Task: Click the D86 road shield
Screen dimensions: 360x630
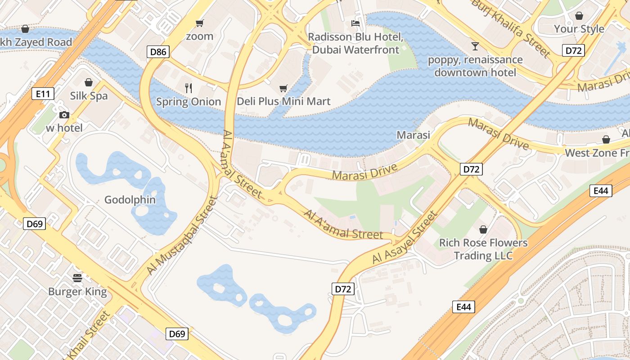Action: (158, 52)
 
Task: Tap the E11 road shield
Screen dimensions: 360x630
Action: (43, 94)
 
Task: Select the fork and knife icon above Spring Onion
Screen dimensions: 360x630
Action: (189, 88)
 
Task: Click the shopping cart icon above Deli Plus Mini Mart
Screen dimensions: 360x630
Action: (283, 88)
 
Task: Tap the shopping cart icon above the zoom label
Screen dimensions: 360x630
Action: (199, 23)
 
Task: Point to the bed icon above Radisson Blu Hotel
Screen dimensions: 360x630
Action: (355, 23)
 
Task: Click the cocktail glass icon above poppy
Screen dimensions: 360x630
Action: (475, 46)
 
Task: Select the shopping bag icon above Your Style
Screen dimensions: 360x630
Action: (579, 16)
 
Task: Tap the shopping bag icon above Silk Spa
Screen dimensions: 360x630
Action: (89, 82)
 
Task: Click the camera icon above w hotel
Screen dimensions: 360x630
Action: (64, 115)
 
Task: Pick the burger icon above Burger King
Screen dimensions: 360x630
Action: (77, 278)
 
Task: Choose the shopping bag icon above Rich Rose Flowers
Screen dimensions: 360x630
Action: (483, 229)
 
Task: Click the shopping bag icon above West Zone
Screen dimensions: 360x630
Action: (606, 139)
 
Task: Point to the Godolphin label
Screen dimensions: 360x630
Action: (130, 200)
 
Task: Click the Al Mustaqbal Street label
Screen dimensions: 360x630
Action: (182, 235)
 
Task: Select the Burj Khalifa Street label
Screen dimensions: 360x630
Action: (511, 28)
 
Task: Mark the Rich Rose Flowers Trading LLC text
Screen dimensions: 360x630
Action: (483, 249)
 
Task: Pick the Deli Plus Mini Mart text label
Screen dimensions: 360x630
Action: (283, 101)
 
